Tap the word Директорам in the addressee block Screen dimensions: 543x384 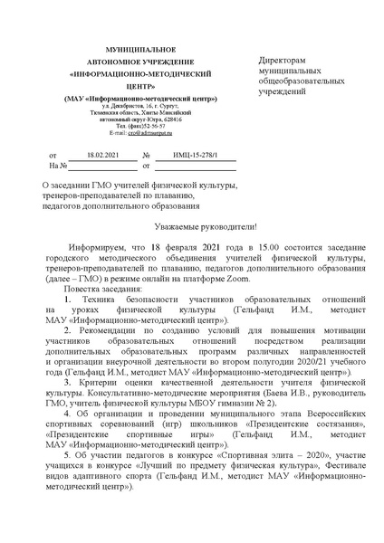point(281,59)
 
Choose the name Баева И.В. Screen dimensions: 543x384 point(283,421)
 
